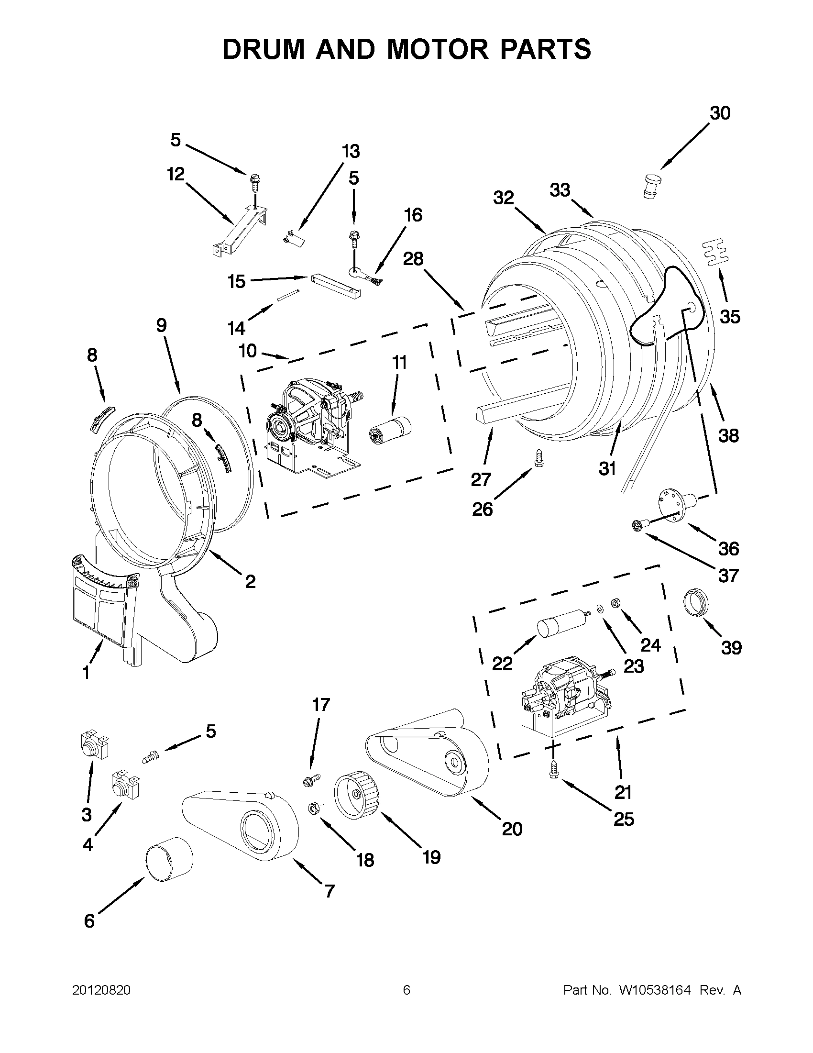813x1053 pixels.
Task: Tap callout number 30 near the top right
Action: (720, 113)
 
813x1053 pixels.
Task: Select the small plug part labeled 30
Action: (652, 186)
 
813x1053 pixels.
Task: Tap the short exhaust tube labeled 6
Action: (169, 863)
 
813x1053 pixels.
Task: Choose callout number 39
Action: (731, 647)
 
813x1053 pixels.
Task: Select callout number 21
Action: (623, 792)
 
